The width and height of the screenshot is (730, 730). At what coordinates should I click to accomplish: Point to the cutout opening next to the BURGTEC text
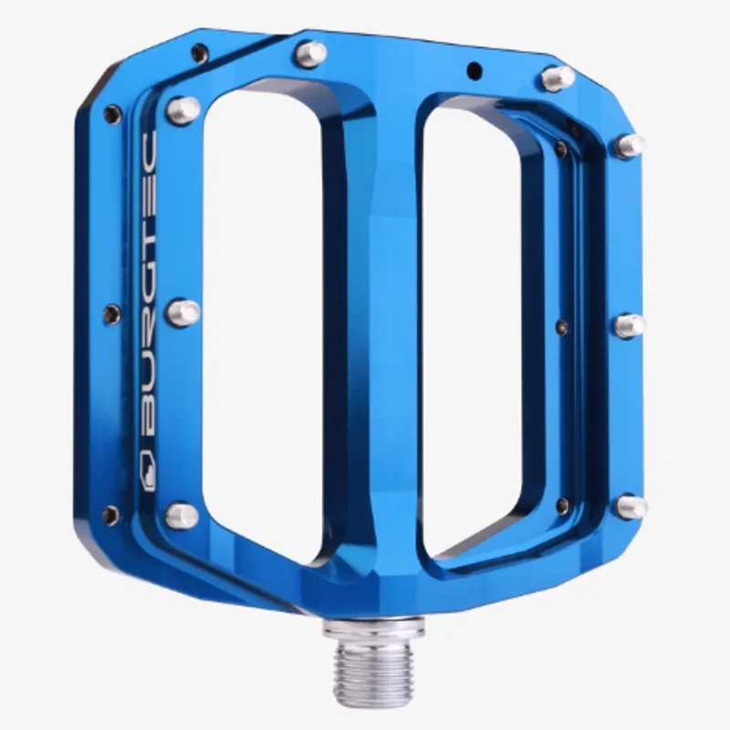point(260,319)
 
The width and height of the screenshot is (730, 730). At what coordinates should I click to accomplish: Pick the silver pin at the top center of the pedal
point(310,54)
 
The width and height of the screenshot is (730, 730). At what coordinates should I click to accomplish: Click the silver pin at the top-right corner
point(558,78)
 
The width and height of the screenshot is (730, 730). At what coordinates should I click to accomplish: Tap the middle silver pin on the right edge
point(630,325)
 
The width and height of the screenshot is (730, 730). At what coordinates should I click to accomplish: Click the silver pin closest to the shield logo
point(182,516)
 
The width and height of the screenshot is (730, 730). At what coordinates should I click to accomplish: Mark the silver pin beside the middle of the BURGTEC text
point(182,313)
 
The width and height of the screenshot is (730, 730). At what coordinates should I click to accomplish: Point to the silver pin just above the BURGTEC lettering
point(182,110)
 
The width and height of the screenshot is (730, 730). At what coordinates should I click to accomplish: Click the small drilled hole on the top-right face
point(473,69)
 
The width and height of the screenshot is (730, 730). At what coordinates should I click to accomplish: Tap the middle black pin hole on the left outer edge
point(111,314)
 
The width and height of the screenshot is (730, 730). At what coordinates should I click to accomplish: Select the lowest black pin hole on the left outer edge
point(110,516)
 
